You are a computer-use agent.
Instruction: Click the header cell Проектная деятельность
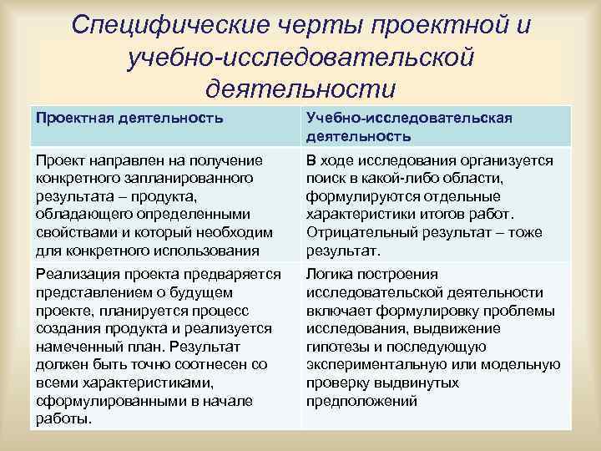129,118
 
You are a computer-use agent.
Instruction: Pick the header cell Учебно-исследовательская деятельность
408,126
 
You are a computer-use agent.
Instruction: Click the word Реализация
73,275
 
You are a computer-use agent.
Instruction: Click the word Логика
330,275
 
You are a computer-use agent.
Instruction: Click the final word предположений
361,401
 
